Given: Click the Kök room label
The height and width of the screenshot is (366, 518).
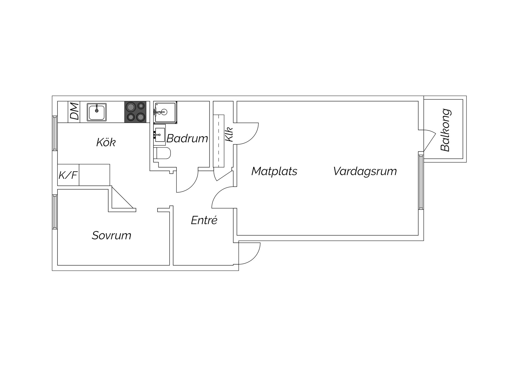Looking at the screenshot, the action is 106,142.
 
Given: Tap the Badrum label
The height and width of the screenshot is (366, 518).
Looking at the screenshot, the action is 187,138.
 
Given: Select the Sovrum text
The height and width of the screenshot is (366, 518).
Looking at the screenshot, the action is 111,235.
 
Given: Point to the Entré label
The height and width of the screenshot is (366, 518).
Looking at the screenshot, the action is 204,220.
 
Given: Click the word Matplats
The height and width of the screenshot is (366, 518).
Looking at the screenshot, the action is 274,171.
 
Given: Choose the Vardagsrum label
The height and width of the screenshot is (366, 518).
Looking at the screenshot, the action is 365,171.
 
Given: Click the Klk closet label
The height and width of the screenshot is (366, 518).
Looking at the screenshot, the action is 229,134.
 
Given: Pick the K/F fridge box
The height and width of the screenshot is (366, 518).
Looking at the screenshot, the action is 68,175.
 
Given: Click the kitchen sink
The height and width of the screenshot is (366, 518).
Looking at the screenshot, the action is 97,112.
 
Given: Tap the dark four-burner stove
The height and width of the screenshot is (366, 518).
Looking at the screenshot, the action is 135,112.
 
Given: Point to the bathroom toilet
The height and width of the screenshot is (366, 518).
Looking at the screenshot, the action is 162,154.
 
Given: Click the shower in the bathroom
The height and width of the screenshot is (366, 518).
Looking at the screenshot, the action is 165,112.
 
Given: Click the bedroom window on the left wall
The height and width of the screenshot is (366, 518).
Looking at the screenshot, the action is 55,212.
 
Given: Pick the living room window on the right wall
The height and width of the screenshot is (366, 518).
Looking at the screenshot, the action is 421,180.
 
